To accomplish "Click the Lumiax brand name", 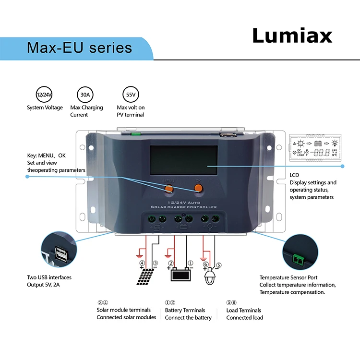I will coord(292,36).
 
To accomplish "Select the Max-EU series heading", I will coord(79,48).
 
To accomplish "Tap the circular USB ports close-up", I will coord(61,252).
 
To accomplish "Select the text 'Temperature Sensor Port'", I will coord(288,277).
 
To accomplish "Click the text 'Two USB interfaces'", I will coord(49,277).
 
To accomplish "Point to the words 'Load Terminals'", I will coord(244,310).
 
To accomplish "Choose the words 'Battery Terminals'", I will coord(185,310).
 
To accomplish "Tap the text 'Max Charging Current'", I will coord(86,111).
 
